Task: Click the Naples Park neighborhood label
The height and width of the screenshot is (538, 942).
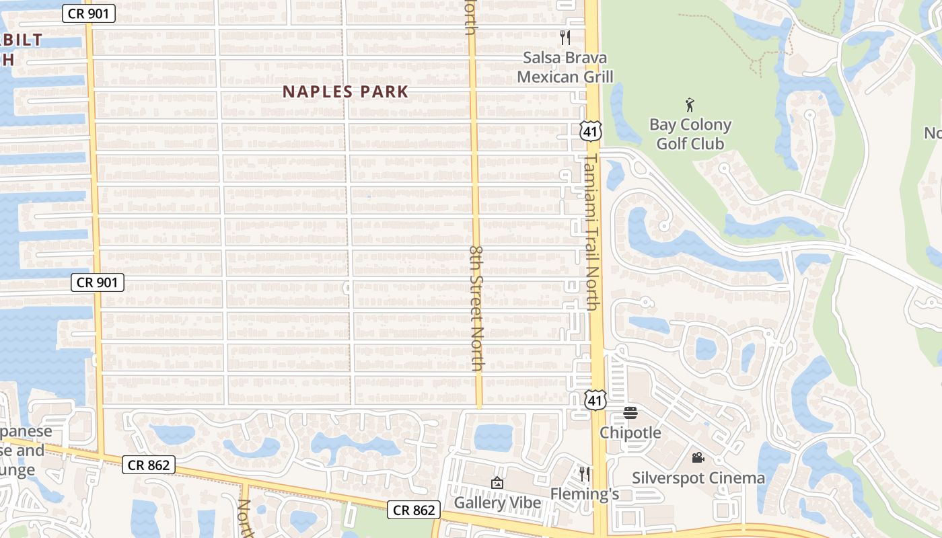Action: click(345, 91)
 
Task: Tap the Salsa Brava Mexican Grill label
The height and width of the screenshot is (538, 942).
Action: click(565, 67)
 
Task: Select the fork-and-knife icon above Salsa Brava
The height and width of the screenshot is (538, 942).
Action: click(565, 37)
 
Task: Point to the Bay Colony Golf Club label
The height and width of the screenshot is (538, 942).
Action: click(690, 134)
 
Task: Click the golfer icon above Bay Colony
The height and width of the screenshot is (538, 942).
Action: click(690, 105)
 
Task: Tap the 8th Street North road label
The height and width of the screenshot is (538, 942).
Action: click(476, 308)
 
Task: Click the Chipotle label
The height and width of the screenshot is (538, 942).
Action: click(630, 432)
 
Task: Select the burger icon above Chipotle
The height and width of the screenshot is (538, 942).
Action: click(630, 412)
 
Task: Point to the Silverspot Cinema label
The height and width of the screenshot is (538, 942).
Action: click(698, 478)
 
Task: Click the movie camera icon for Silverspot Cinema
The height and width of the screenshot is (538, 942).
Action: click(698, 458)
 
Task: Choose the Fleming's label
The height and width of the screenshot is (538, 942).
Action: click(585, 494)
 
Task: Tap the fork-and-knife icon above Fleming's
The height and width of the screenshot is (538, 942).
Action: click(585, 474)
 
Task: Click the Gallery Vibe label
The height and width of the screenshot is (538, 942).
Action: click(497, 502)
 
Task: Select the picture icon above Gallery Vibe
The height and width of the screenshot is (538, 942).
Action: click(497, 483)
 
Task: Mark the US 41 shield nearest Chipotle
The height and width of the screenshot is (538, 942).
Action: click(595, 400)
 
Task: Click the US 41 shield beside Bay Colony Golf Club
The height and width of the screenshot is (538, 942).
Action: click(591, 131)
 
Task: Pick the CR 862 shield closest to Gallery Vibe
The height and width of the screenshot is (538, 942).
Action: click(414, 510)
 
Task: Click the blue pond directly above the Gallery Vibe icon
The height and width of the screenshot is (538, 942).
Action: click(493, 438)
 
